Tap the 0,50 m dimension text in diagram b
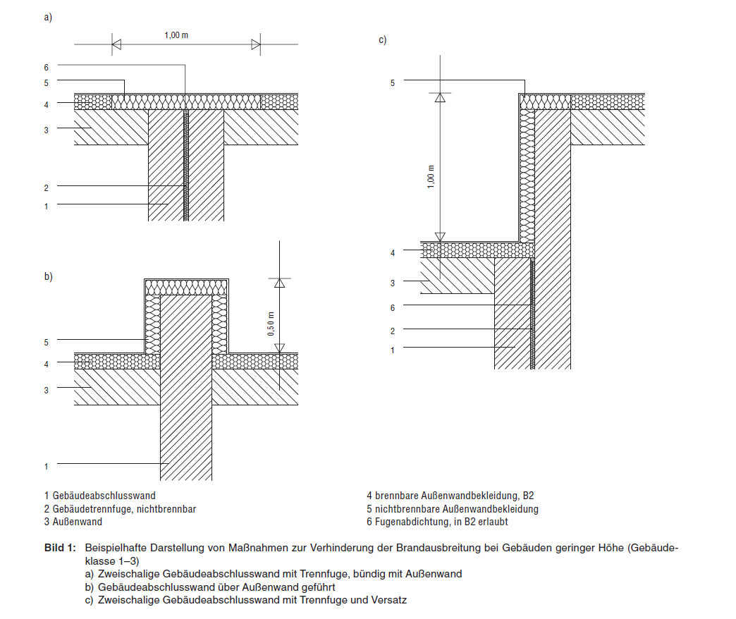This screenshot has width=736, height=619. pos(271,324)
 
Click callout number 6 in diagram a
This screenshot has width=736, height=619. pos(46,67)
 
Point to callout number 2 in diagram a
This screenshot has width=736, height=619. pos(46,188)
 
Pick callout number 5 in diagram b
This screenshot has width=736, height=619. pos(46,342)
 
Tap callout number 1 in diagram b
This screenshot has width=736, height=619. pos(46,466)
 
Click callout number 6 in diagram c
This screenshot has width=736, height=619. pos(393,307)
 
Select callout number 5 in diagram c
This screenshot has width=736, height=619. pos(393,82)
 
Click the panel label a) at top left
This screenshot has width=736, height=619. pos(48,18)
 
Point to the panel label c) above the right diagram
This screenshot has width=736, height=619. pos(382,40)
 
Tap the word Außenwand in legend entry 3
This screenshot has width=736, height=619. pos(78,522)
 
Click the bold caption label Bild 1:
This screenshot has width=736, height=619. pos(59,548)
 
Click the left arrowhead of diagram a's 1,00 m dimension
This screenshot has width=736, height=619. pos(117,45)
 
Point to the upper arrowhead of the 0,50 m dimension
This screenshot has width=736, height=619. pos(279,283)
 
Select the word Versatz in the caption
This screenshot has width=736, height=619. pos(391,600)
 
